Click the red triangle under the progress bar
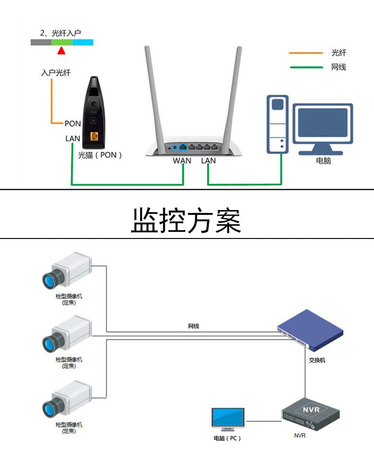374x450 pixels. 61,51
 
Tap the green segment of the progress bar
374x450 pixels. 62,42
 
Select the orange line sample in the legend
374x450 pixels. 306,53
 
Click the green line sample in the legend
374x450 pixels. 306,67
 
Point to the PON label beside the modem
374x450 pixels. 72,124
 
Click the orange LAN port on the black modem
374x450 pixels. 94,136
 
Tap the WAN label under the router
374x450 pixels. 182,161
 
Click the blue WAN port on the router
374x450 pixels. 183,147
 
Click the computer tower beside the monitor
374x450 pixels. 277,124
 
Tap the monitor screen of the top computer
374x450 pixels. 323,123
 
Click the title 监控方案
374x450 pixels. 186,221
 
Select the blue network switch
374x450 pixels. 310,330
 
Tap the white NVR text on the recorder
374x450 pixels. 311,409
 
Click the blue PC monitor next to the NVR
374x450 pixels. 228,419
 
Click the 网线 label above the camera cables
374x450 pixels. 194,326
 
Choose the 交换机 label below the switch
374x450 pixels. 317,360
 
